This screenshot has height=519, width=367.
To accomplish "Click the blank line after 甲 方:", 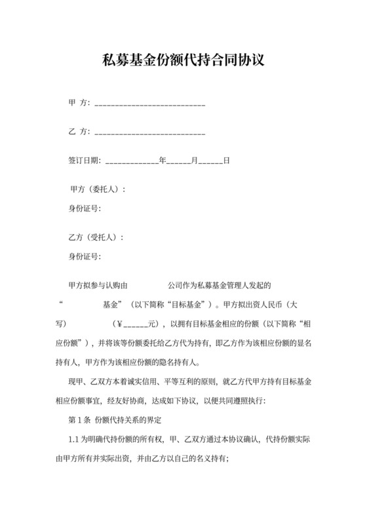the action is [150, 104].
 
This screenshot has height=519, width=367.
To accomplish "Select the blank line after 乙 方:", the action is [150, 132].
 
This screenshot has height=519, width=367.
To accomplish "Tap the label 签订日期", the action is [84, 160].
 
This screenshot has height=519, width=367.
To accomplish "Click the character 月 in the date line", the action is [194, 160].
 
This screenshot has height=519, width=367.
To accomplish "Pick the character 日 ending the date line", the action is [226, 160].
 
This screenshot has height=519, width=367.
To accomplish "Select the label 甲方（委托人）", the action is [96, 189].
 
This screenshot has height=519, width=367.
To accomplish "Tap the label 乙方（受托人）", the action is [96, 237].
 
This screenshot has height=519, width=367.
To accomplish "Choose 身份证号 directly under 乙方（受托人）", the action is [84, 256].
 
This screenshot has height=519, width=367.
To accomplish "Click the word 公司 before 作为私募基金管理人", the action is [175, 286].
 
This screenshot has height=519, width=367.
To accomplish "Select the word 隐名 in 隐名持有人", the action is [168, 362].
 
